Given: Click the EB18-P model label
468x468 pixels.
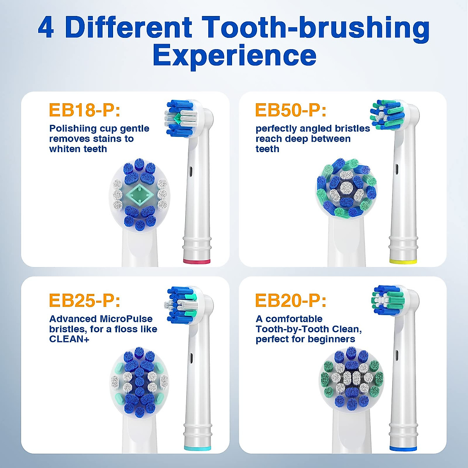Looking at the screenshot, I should click(x=84, y=110).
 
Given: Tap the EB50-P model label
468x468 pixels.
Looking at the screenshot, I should click(x=291, y=110).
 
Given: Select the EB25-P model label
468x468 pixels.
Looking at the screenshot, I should click(x=84, y=301).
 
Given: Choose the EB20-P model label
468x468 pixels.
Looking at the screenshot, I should click(x=291, y=301).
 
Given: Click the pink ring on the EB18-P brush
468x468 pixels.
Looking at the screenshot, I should click(x=197, y=261).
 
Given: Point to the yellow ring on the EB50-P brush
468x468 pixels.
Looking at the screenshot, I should click(x=403, y=261).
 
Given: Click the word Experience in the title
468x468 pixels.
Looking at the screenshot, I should click(x=234, y=55).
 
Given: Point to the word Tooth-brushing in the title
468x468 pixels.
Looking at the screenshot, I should click(x=316, y=28).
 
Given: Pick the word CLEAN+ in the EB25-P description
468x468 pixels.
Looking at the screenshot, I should click(x=69, y=339).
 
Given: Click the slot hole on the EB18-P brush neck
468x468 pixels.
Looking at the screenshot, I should click(x=191, y=170).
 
